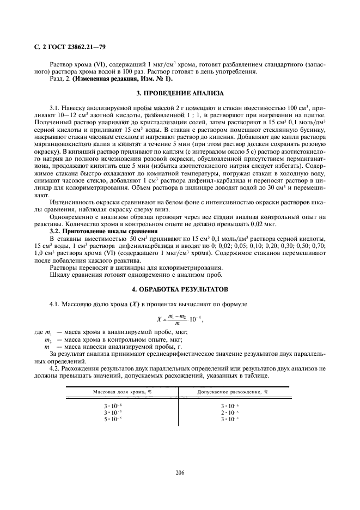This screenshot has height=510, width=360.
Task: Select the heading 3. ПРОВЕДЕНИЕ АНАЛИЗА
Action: click(x=179, y=94)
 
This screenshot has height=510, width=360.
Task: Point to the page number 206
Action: click(x=180, y=472)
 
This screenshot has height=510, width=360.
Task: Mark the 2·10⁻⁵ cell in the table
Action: click(x=229, y=413)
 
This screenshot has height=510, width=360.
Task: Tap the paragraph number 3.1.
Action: click(x=54, y=108)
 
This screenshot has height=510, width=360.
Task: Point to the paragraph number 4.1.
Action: click(x=55, y=302)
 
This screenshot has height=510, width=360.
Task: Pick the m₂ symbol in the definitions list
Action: click(x=48, y=339)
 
